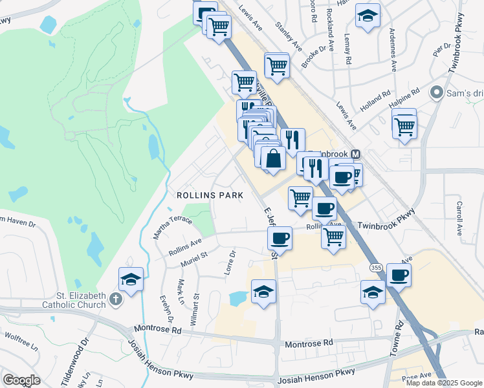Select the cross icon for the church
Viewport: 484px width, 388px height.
coord(115,299)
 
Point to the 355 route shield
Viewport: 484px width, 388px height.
coord(375,267)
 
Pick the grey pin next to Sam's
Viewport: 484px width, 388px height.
coord(438,93)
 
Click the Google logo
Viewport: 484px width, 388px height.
coord(21,380)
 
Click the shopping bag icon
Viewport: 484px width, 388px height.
coord(274,158)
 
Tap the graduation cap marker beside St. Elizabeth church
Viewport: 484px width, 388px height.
coord(131,280)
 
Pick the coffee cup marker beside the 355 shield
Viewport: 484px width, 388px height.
coord(399,275)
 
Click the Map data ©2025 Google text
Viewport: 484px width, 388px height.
coord(444,383)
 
